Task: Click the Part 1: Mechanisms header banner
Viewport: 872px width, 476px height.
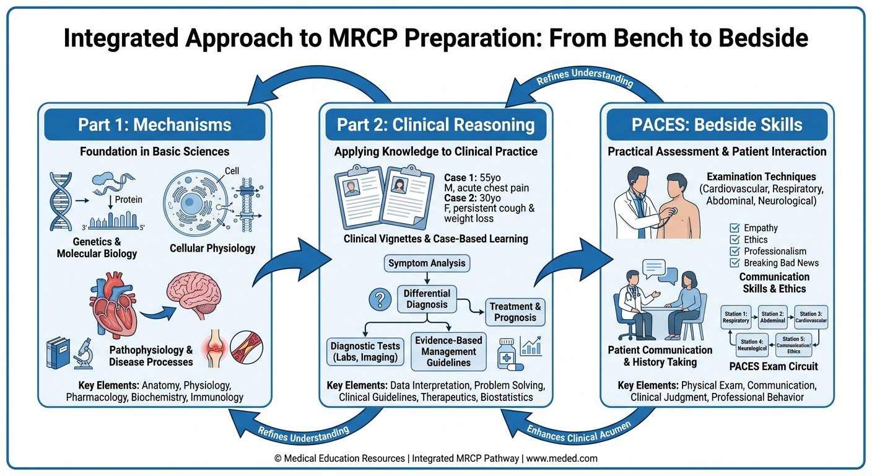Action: point(154,125)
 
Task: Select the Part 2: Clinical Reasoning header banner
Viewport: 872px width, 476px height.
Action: point(435,125)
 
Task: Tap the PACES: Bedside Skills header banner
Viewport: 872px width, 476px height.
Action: point(717,125)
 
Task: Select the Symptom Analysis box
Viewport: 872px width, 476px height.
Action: point(427,263)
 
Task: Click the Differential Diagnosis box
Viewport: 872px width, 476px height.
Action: point(427,299)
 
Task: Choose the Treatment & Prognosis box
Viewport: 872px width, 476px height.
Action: point(515,312)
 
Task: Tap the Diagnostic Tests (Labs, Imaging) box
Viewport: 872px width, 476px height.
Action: point(365,351)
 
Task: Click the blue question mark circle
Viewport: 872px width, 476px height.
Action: point(377,301)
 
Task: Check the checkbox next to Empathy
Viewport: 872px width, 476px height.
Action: point(735,228)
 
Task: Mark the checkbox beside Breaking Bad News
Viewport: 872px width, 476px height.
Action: point(735,263)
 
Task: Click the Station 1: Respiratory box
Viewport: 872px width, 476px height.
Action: point(736,317)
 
